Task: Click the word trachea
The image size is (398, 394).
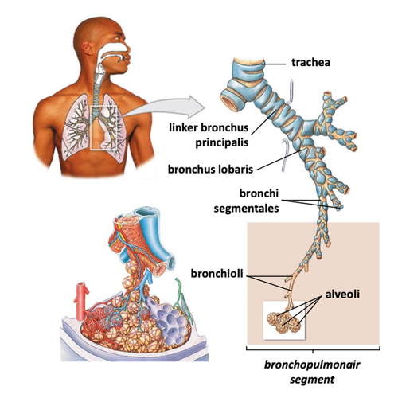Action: tap(310, 63)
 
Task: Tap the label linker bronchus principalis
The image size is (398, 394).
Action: tap(209, 135)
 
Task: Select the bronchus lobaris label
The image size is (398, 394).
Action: tap(210, 169)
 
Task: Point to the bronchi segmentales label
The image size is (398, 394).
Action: tap(246, 201)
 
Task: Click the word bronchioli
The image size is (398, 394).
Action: tap(217, 274)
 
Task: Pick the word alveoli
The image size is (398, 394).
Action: tap(342, 294)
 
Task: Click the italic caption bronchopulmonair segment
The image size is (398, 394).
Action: tap(312, 372)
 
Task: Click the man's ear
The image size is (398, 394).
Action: tap(88, 49)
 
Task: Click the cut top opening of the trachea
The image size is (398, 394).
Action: tap(248, 61)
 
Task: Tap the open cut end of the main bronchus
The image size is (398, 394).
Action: tap(230, 102)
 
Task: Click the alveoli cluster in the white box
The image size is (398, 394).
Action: tap(284, 322)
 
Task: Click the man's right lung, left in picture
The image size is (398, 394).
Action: tap(76, 127)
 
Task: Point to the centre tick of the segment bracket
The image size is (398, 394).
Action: tap(313, 351)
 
